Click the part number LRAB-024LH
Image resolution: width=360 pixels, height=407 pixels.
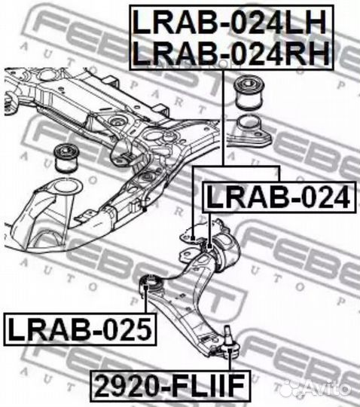coord(229,23)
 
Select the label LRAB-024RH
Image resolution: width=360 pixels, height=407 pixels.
coord(231,54)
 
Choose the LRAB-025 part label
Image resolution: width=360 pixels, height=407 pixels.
coord(80,329)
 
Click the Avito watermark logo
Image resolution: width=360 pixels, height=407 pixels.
coord(318,388)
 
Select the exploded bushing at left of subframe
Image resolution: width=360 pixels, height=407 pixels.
coord(67,158)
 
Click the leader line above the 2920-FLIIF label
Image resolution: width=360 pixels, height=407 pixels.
coord(229,360)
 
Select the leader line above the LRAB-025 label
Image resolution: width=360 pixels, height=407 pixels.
coord(146,300)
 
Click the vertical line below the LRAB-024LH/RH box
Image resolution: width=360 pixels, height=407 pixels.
coord(223,118)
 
